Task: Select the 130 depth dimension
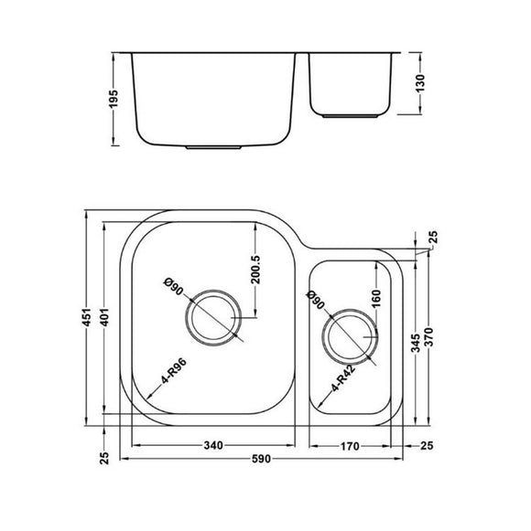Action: coord(420,87)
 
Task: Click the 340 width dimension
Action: coord(213,447)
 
